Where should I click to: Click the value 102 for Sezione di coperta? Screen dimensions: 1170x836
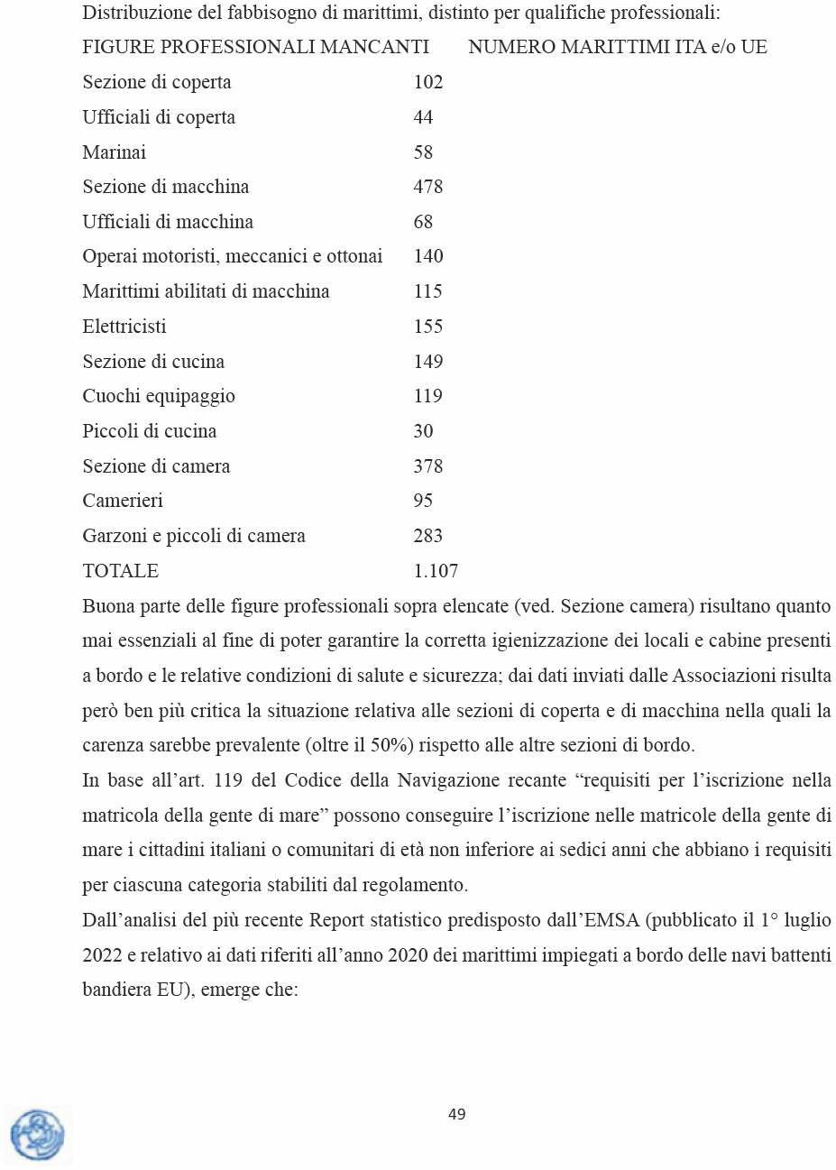(x=427, y=82)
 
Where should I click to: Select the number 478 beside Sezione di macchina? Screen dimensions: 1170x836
(x=427, y=187)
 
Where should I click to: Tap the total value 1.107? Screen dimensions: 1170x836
(x=436, y=571)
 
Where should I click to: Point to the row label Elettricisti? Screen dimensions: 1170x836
(x=124, y=327)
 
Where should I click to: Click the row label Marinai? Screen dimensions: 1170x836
(x=114, y=152)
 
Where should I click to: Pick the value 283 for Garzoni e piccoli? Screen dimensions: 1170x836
(x=427, y=536)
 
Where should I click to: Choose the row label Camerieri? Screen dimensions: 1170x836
(x=123, y=501)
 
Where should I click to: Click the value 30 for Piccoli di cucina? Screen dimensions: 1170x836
(x=423, y=431)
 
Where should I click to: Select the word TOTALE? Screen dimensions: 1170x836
(x=120, y=571)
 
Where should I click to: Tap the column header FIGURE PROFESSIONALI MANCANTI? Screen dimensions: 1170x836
(x=255, y=47)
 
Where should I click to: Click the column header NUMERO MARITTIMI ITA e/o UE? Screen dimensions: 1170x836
(x=618, y=47)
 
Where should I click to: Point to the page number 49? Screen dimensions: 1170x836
(x=457, y=1114)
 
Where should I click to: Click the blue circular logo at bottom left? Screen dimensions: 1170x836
(x=37, y=1135)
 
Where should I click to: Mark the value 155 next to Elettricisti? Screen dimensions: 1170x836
(x=427, y=327)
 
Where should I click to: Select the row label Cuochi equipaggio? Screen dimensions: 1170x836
(x=159, y=396)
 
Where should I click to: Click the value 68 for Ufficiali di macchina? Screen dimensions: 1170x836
(x=423, y=222)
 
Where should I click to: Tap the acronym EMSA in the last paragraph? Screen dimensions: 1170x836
(x=611, y=920)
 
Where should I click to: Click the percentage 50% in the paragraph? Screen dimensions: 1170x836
(x=390, y=745)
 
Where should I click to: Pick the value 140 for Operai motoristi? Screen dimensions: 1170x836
(x=427, y=256)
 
